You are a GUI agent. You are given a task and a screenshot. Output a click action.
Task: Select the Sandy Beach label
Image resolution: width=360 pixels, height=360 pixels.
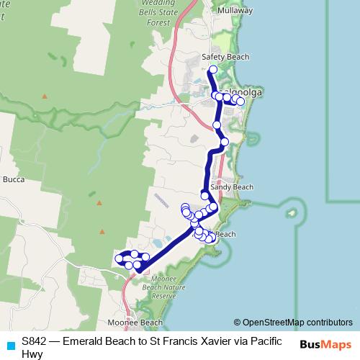pyautogui.click(x=232, y=187)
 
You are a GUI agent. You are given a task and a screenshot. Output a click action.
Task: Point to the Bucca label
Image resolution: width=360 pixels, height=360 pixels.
pyautogui.click(x=14, y=179)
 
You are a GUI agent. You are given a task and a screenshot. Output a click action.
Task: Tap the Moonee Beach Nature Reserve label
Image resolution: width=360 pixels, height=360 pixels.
pyautogui.click(x=160, y=287)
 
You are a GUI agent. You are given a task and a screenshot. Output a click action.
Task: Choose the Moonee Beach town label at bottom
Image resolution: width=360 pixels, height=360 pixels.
pyautogui.click(x=135, y=323)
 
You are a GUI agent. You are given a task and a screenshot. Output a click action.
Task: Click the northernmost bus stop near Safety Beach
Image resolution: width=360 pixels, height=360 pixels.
pyautogui.click(x=212, y=70)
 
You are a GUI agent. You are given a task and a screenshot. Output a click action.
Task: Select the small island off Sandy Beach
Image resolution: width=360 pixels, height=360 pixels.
pyautogui.click(x=291, y=214)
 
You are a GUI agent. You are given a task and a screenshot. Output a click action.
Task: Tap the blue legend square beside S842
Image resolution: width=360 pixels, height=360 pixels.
pyautogui.click(x=9, y=343)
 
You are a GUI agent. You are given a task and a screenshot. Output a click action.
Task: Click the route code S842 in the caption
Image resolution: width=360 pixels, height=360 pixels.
pyautogui.click(x=35, y=341)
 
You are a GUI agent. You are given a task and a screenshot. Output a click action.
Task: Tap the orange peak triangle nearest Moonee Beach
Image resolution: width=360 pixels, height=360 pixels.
pyautogui.click(x=102, y=231)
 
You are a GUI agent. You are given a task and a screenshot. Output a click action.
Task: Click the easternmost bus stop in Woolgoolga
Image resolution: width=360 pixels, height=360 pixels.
pyautogui.click(x=240, y=102)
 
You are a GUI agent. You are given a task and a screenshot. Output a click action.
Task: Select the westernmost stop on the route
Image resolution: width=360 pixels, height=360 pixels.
pyautogui.click(x=119, y=258)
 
